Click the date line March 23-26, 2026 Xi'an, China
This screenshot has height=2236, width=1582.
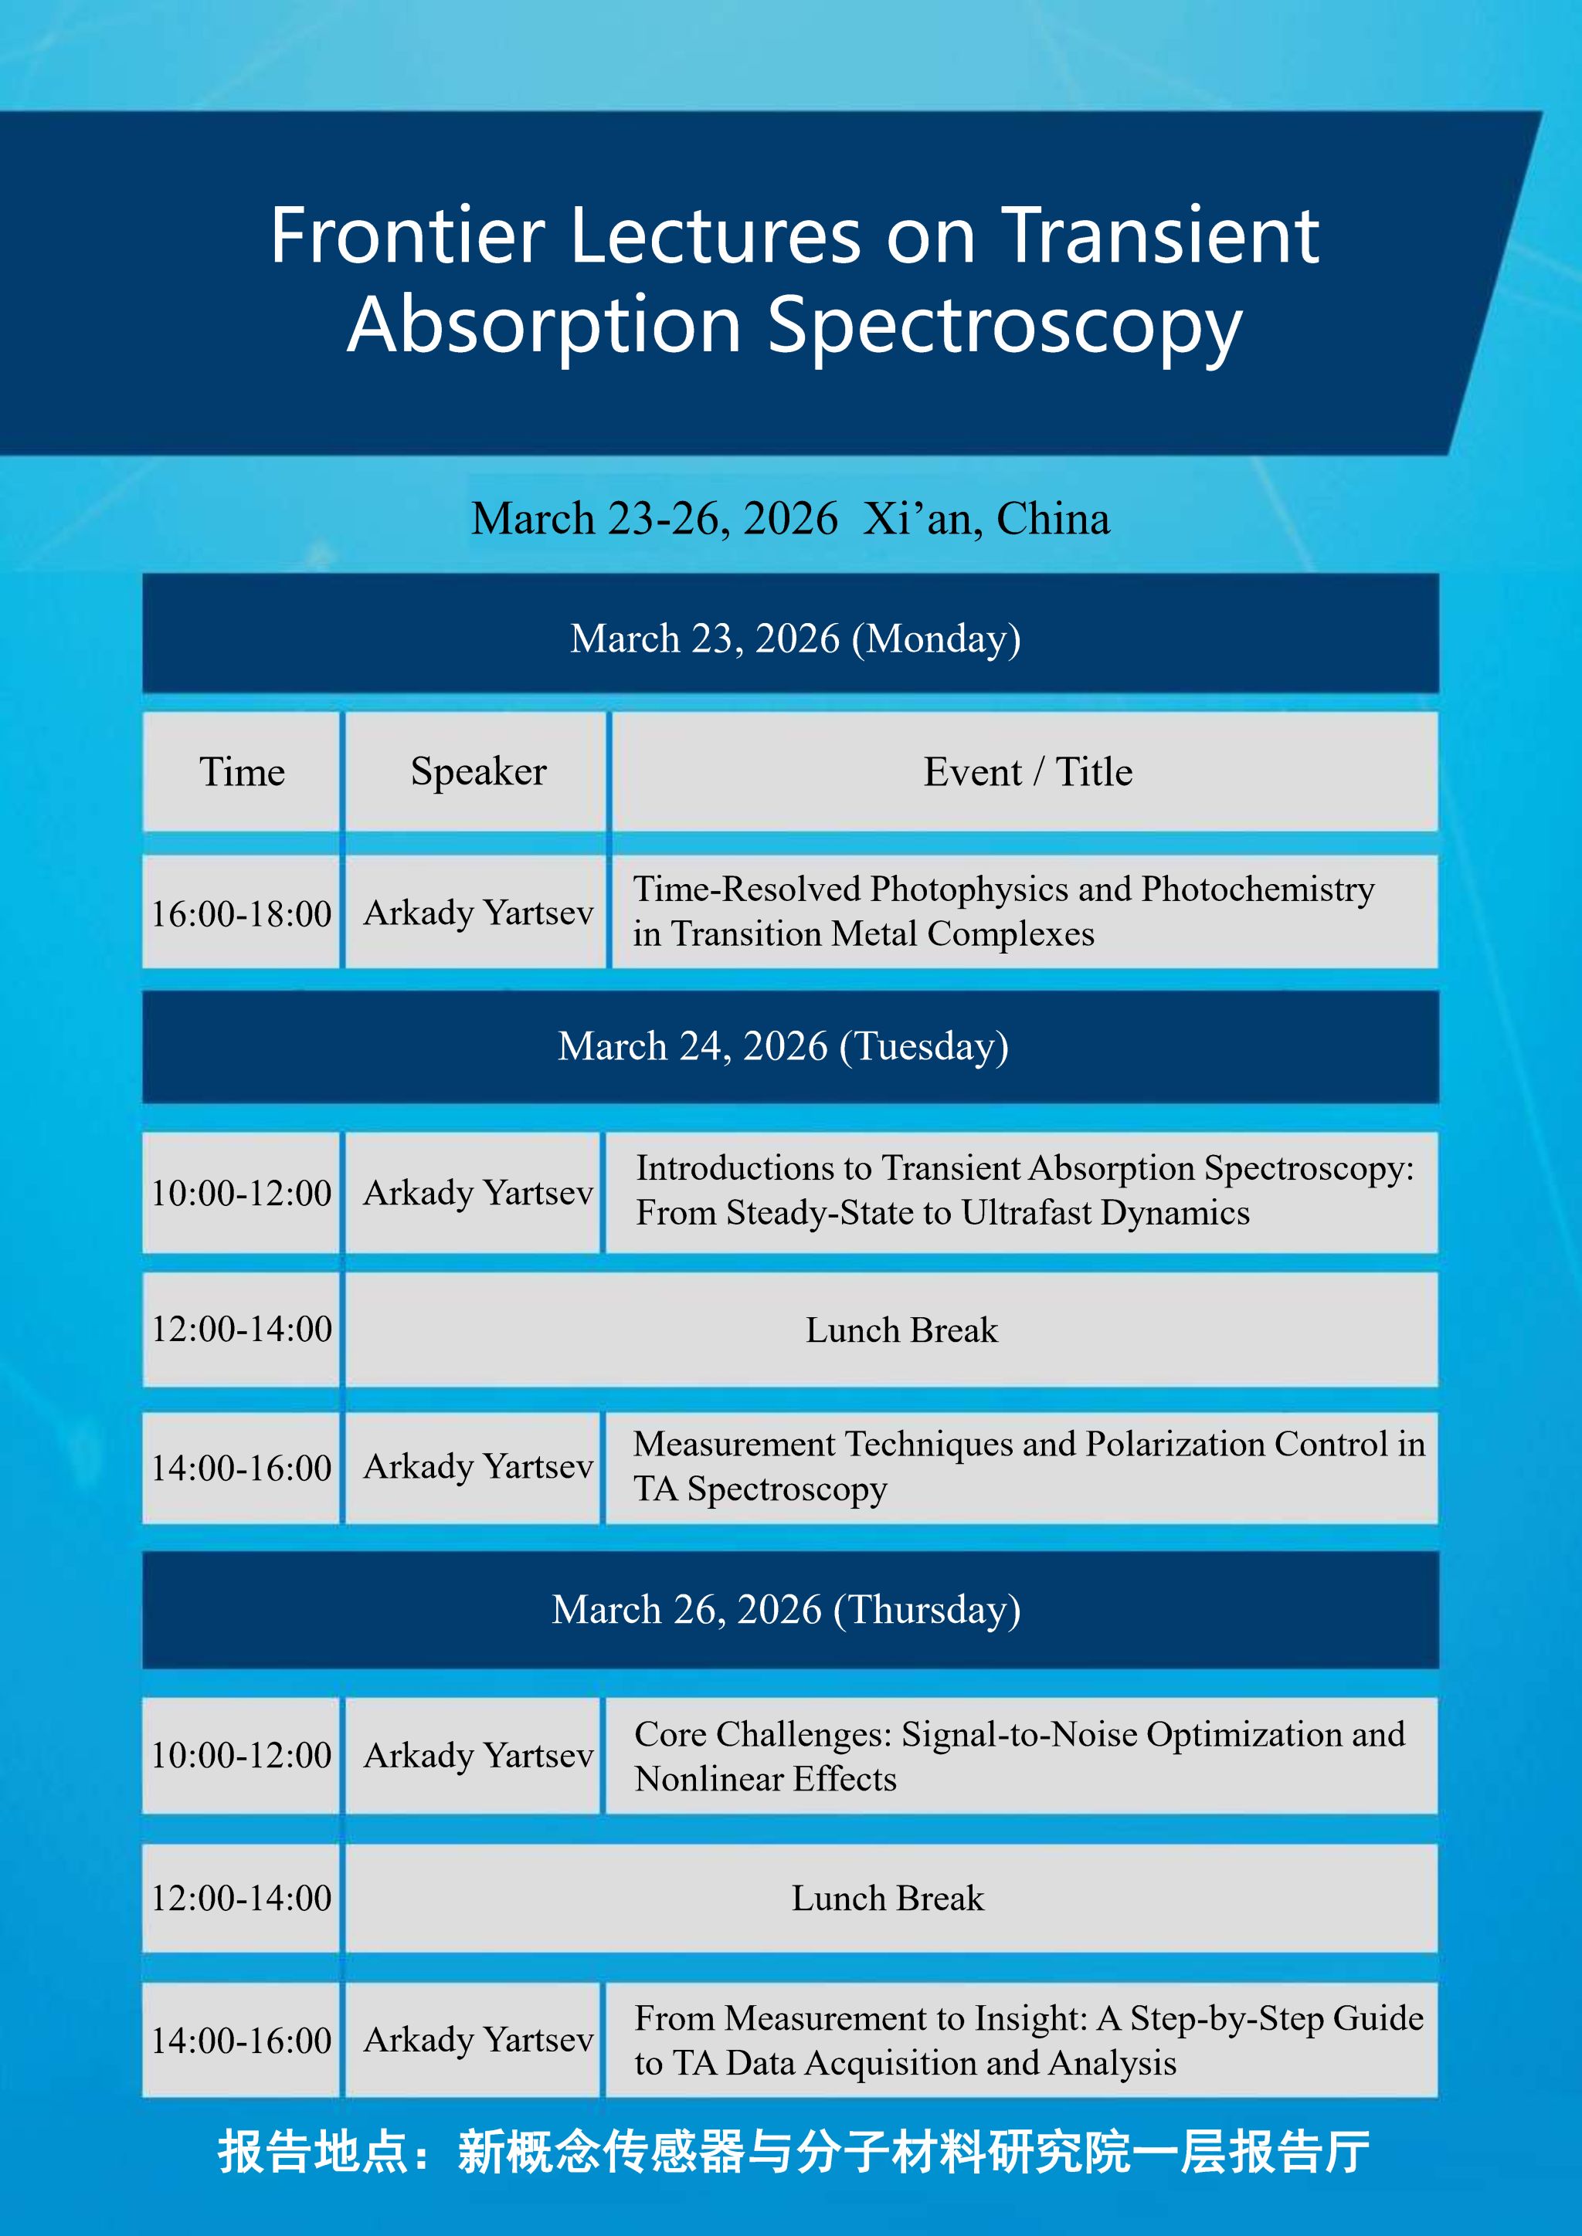(790, 519)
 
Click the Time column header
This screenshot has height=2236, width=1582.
(242, 772)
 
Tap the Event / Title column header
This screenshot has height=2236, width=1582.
(1027, 772)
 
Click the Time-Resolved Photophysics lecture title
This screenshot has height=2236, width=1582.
(1003, 912)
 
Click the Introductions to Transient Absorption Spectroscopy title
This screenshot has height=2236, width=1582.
(1025, 1190)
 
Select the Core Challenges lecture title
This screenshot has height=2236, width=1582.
(1020, 1756)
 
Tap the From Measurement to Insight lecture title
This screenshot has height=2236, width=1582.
(1029, 2040)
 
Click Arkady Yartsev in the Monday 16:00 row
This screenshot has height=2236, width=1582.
(477, 913)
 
